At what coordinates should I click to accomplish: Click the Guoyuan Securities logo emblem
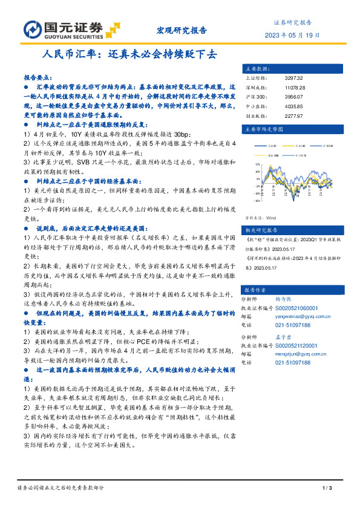pyautogui.click(x=31, y=29)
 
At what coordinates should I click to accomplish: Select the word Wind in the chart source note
pyautogui.click(x=270, y=217)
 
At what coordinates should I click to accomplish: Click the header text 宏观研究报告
pyautogui.click(x=182, y=30)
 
